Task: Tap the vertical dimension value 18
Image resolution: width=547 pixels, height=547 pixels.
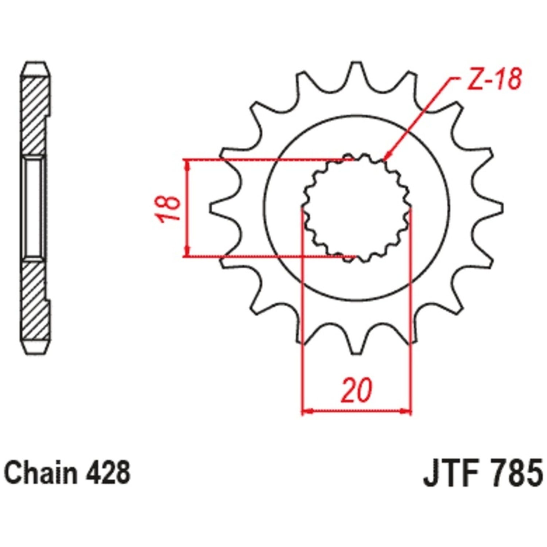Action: coord(168,209)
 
